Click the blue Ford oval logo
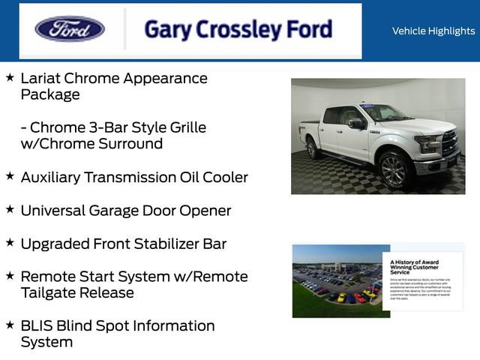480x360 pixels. [70, 29]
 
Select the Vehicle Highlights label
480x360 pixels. [433, 31]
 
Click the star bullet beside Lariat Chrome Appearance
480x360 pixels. [10, 77]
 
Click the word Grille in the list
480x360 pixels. [185, 127]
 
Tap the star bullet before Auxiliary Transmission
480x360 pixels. [10, 176]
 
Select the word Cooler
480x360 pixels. [223, 178]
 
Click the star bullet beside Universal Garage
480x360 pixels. [10, 209]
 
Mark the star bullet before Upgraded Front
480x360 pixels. [10, 242]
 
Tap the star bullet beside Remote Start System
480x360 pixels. [10, 275]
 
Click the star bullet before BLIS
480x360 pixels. [10, 325]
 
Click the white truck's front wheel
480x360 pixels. [392, 169]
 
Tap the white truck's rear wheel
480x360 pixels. [312, 148]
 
